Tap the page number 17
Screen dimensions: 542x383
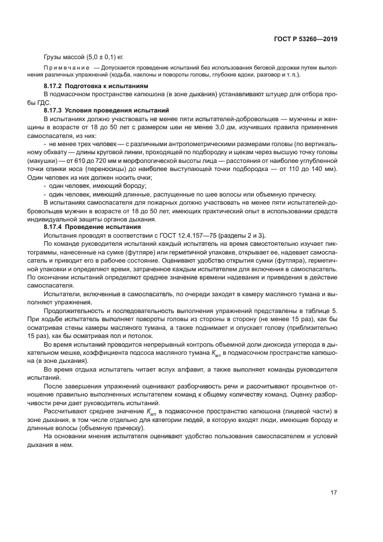333,493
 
